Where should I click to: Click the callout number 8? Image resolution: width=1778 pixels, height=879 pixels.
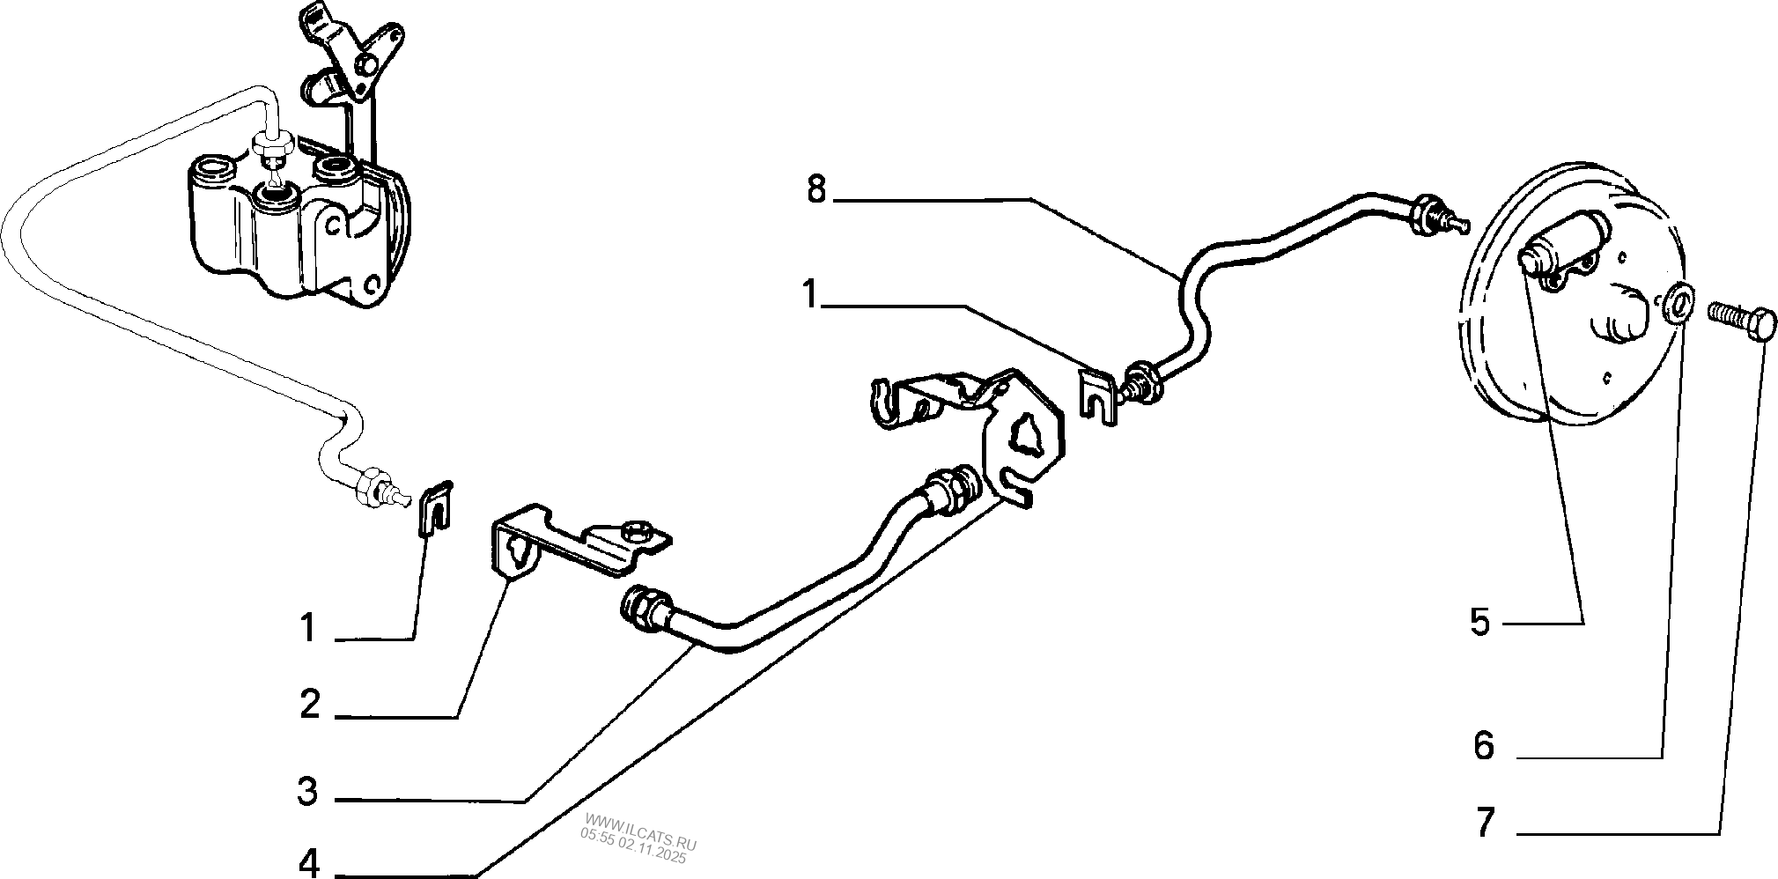816,189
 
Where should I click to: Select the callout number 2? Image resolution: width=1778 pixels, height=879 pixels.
309,705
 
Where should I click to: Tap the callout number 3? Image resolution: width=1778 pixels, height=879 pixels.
307,791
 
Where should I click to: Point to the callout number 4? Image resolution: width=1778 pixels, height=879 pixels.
310,863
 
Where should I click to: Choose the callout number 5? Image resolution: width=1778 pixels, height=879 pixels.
1479,623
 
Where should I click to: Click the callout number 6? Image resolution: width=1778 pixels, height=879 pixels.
1484,747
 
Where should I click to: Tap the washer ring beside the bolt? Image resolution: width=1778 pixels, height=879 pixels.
1678,304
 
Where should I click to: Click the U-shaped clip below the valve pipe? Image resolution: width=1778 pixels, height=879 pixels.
433,508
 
